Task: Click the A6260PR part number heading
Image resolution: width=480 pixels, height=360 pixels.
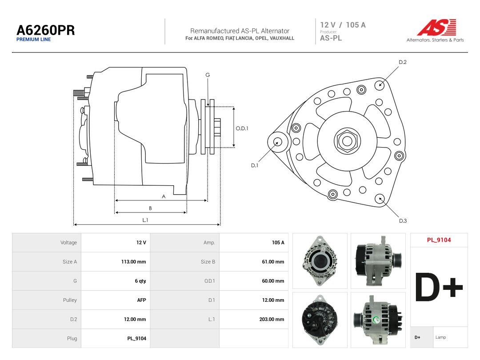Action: click(x=46, y=30)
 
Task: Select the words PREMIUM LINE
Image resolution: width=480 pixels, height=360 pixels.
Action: click(x=34, y=40)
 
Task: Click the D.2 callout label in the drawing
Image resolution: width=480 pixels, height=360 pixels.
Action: click(x=403, y=62)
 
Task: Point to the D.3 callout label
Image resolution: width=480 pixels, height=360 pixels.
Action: click(x=403, y=221)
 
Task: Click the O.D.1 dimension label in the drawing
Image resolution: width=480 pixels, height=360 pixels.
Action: click(x=242, y=128)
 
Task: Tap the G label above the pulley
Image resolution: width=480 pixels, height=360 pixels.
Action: click(x=208, y=75)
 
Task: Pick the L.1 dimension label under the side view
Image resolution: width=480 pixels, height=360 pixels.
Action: click(x=145, y=220)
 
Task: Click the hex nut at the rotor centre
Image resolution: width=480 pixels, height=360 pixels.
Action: click(x=347, y=141)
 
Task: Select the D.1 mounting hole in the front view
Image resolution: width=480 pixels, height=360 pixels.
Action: click(x=278, y=142)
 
